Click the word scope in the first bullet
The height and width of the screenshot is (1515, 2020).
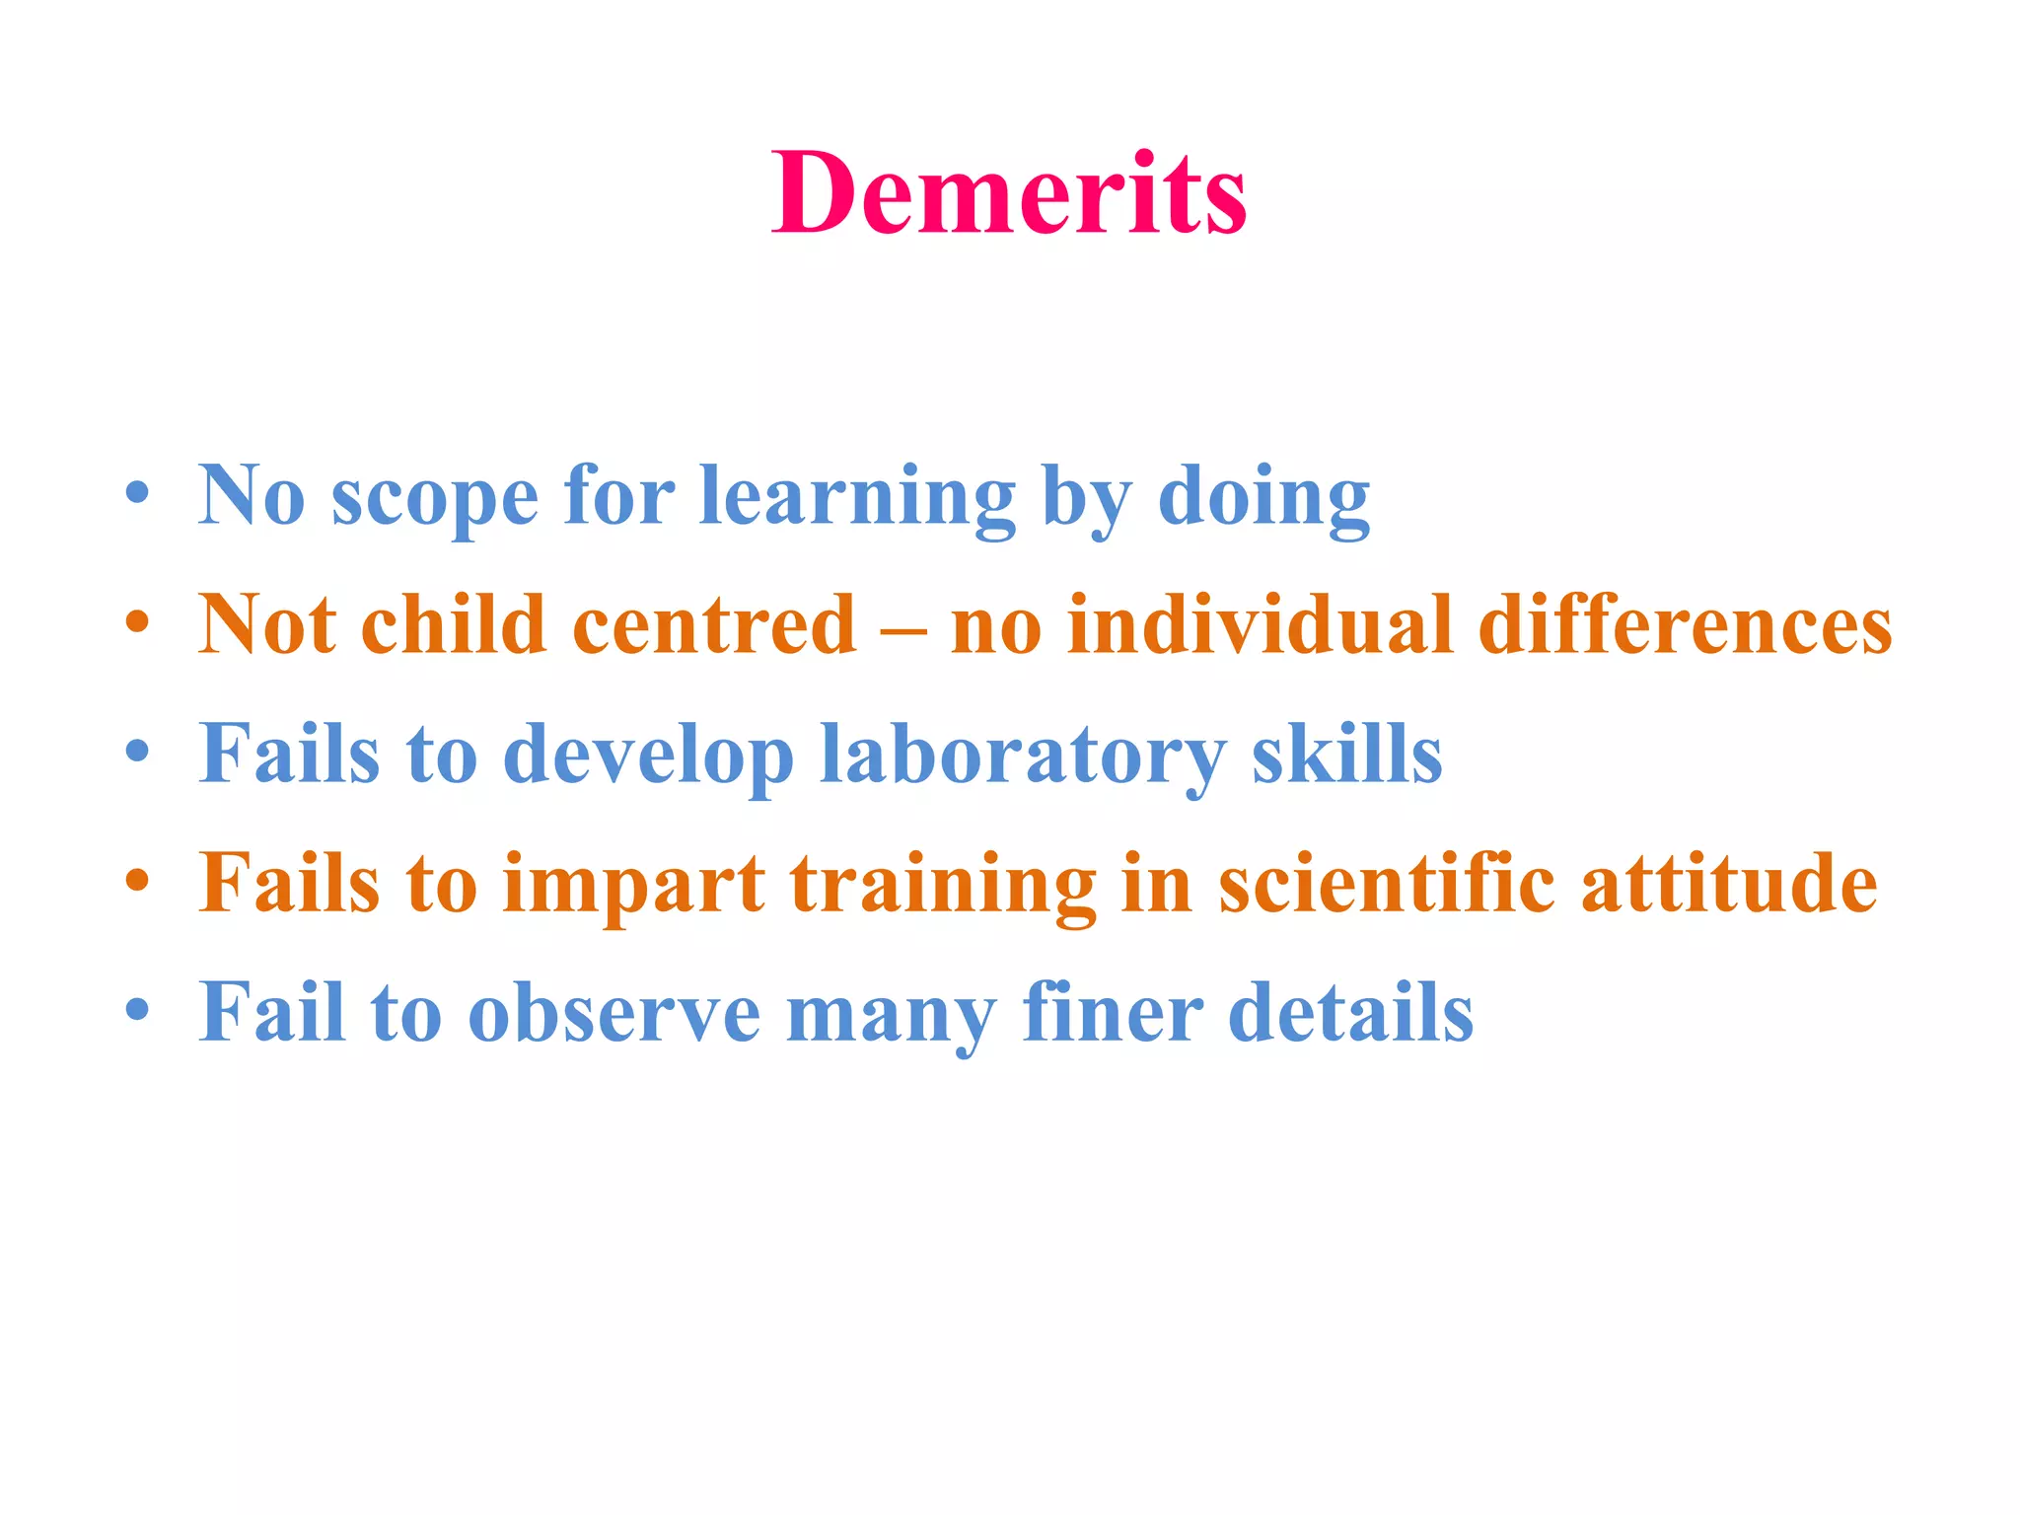click(x=435, y=497)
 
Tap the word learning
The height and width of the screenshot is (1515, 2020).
click(x=857, y=497)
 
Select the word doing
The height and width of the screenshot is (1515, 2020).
click(x=1263, y=497)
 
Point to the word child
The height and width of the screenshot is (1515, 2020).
click(x=454, y=624)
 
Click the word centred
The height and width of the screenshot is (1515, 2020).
click(x=714, y=624)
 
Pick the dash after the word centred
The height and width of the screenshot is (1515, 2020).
click(x=902, y=628)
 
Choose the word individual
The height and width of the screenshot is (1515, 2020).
click(x=1261, y=624)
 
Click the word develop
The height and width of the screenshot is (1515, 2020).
click(x=648, y=756)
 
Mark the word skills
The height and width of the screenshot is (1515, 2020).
click(x=1346, y=754)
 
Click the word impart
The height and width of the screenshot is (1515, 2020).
click(x=633, y=885)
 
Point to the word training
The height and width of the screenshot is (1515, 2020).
click(x=943, y=885)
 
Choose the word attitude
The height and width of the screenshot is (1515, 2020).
click(x=1729, y=883)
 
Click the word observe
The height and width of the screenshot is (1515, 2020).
click(x=613, y=1013)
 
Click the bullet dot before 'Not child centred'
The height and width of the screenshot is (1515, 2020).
click(x=137, y=622)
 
